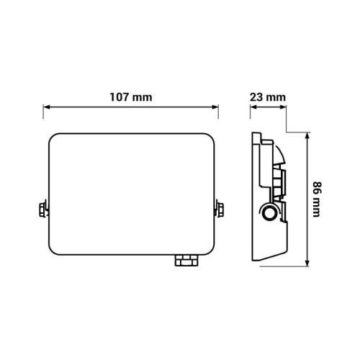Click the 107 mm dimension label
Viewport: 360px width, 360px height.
click(x=131, y=97)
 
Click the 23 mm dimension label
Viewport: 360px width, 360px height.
click(x=268, y=97)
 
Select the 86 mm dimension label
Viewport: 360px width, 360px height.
click(x=317, y=199)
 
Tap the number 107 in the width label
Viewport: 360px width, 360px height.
click(x=121, y=97)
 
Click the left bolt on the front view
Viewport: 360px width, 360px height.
click(x=44, y=210)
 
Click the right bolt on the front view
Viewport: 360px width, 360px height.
click(x=219, y=210)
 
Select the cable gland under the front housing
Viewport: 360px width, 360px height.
click(x=186, y=260)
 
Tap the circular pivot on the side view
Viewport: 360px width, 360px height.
click(x=269, y=212)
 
